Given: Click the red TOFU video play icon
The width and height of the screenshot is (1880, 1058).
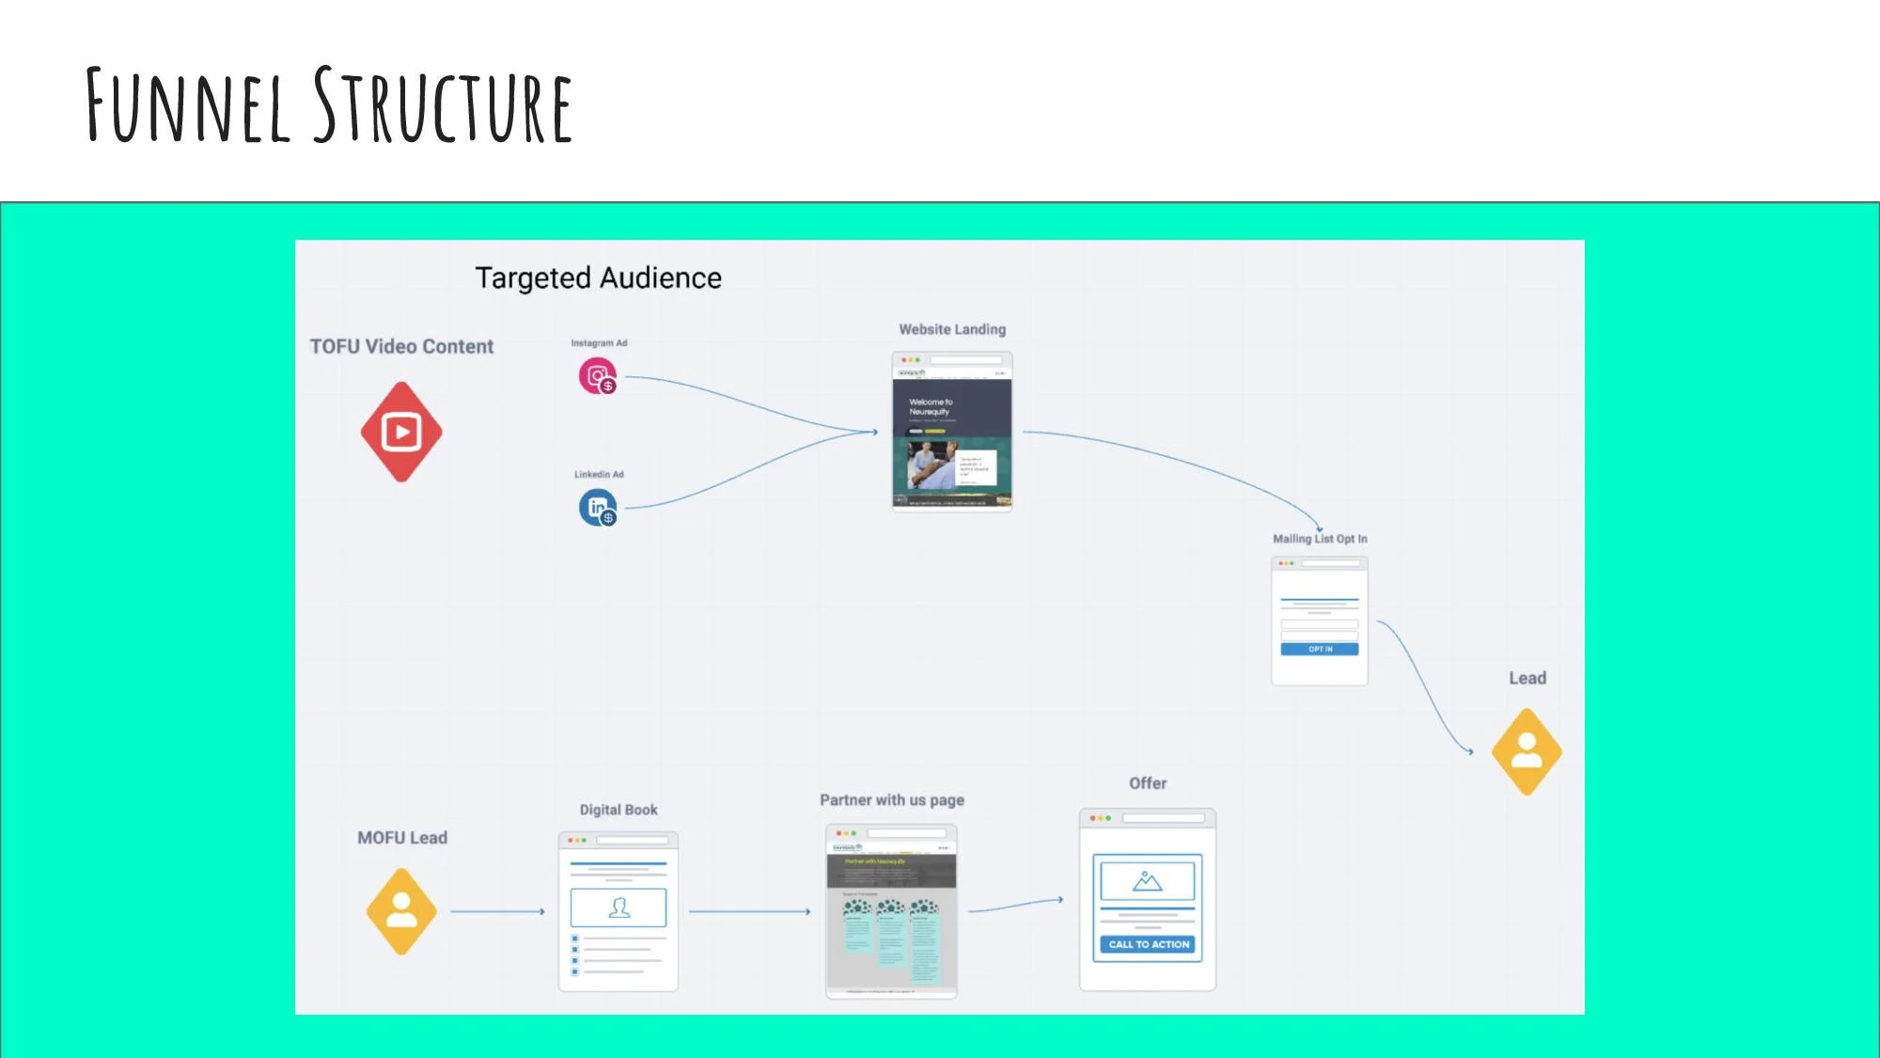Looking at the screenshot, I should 401,432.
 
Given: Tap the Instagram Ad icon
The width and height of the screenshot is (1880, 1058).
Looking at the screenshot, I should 597,376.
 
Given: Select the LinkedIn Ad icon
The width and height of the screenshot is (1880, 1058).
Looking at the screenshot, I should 597,508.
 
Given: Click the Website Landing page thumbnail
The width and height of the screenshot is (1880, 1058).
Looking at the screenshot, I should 951,431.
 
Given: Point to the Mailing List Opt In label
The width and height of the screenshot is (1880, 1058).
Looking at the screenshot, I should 1320,539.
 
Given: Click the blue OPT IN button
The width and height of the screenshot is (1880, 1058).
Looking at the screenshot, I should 1319,649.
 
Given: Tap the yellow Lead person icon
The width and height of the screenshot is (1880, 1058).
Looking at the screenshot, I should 1527,751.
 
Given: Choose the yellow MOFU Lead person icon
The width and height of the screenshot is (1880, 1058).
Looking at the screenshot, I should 401,911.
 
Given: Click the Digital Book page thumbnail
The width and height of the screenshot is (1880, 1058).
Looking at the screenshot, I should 618,911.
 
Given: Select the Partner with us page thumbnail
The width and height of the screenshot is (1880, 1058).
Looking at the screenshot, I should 891,911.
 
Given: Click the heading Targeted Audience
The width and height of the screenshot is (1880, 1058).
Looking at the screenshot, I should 598,278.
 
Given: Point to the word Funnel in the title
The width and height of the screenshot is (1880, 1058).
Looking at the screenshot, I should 188,105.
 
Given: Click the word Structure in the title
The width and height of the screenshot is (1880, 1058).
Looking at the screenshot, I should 442,105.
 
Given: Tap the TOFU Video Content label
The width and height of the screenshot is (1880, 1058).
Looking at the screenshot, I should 401,347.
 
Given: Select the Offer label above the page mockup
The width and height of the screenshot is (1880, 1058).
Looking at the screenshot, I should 1148,783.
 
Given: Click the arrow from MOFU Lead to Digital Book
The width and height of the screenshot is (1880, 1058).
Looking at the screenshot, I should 497,911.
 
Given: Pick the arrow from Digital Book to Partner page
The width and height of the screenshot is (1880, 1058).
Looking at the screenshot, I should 749,911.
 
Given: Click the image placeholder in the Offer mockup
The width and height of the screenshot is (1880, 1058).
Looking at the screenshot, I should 1147,881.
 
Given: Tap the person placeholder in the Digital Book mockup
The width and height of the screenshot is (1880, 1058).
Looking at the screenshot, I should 618,908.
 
